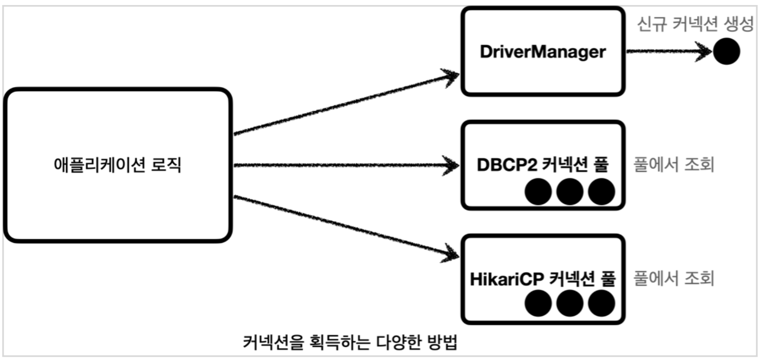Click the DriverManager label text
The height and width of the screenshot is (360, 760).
tap(543, 52)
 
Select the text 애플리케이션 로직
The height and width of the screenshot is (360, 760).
tap(117, 165)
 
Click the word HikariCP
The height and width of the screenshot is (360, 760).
tap(506, 279)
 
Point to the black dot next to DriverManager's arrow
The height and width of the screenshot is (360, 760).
tap(726, 51)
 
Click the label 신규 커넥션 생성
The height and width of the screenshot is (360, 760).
tap(694, 24)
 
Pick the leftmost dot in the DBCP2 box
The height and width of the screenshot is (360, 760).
tap(538, 192)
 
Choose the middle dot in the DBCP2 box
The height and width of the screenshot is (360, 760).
tap(570, 192)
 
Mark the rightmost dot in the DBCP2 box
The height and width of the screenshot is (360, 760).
tap(601, 192)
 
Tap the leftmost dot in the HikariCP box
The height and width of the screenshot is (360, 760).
tap(538, 303)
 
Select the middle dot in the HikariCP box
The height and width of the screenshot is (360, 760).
tap(570, 303)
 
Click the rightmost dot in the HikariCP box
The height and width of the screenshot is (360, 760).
tap(601, 303)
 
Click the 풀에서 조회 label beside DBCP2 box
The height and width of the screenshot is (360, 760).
tap(673, 165)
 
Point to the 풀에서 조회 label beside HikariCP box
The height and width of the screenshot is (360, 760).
tap(673, 278)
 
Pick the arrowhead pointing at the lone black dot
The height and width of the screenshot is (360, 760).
tap(704, 51)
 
